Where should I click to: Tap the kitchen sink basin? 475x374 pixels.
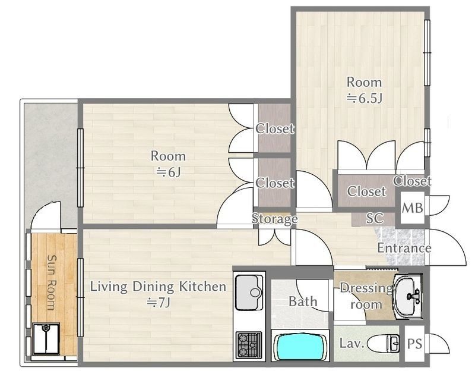coord(249,293)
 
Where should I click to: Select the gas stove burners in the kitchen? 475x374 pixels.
coord(249,344)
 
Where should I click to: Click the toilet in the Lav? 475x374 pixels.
coord(383,344)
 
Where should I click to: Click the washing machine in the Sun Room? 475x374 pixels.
coord(46,339)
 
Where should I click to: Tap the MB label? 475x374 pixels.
coord(412,208)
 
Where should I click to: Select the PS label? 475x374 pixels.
coord(414,344)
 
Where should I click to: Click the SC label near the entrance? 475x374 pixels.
coord(375,218)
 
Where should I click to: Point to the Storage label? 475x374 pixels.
coord(274,219)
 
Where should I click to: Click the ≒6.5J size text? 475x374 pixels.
coord(364,98)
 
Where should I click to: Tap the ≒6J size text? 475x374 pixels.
coord(169,172)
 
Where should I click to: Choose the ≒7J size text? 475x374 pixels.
coord(159,303)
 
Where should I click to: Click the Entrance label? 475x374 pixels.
coord(404,248)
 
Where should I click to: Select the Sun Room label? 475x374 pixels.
coord(52,282)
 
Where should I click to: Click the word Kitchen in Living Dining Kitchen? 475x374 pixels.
coord(202,287)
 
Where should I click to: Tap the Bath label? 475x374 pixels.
coord(303,301)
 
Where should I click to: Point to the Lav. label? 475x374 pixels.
coord(351,343)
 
